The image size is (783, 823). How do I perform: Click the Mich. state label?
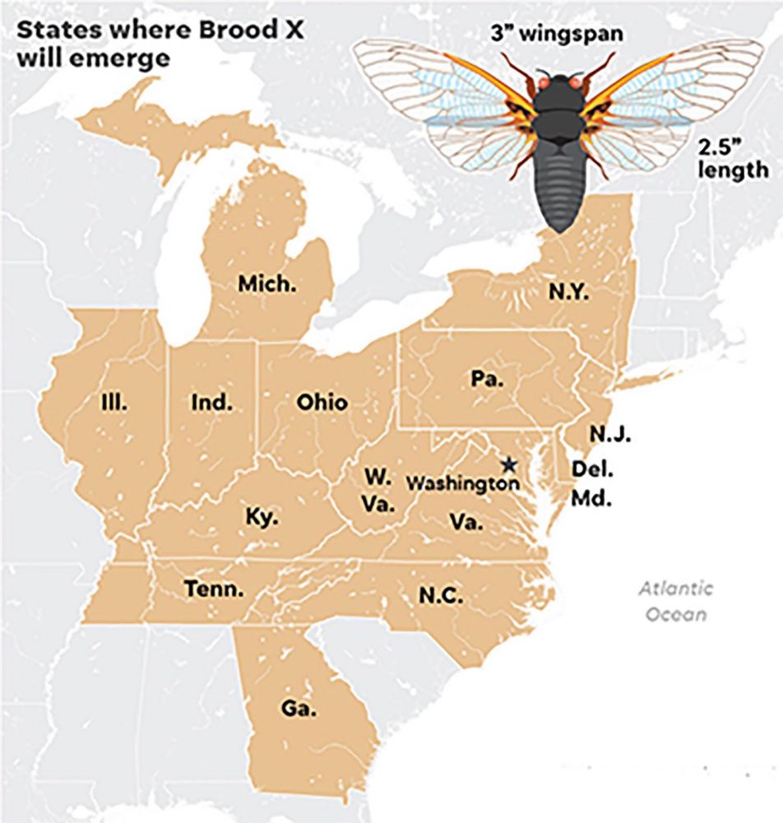(267, 285)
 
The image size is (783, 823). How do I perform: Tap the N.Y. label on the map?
(568, 292)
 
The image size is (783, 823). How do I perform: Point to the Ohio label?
(322, 402)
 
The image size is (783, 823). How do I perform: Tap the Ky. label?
(262, 518)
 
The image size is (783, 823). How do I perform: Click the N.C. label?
(441, 595)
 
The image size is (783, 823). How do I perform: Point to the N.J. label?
(609, 434)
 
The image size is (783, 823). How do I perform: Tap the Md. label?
(591, 499)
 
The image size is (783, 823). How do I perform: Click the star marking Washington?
(509, 465)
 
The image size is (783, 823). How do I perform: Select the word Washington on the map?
(464, 483)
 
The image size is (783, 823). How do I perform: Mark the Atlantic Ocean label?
(676, 602)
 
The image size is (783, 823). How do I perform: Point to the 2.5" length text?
(733, 159)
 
